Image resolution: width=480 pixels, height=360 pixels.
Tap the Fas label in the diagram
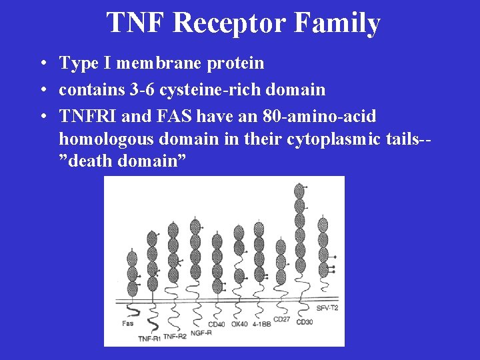pos(127,323)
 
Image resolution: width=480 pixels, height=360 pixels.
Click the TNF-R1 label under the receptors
pos(149,339)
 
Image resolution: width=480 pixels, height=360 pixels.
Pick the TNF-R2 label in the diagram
pos(175,335)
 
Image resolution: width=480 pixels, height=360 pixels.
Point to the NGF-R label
pos(201,331)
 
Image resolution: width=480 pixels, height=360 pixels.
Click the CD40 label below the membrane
pos(217,325)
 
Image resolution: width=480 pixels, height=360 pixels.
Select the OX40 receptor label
pos(239,325)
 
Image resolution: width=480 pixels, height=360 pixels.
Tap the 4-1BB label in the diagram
pos(261,325)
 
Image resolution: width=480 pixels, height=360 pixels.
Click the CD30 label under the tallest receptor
pos(304,323)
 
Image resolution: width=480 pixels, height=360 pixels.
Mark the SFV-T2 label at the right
pos(327,308)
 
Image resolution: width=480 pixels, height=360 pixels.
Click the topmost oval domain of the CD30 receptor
pos(299,190)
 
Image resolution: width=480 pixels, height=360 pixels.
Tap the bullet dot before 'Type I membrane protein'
pos(42,64)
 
